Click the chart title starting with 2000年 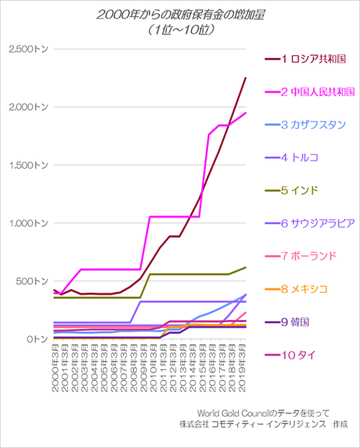point(179,15)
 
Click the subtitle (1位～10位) point(179,31)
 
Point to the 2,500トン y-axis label point(26,49)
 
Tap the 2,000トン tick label point(26,107)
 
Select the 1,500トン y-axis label point(26,165)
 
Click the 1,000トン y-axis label point(26,223)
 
